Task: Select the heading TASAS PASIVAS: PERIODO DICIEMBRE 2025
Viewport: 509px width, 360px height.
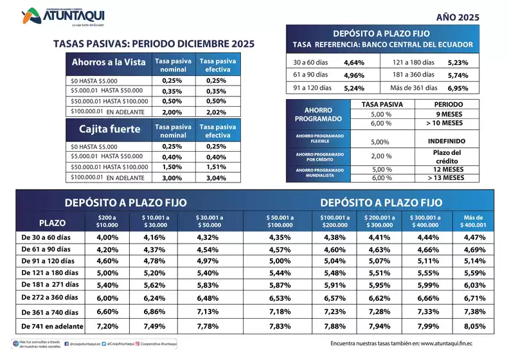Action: (x=154, y=44)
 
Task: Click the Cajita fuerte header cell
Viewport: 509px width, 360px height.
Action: (x=109, y=129)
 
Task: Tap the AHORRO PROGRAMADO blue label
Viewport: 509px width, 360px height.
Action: (x=318, y=114)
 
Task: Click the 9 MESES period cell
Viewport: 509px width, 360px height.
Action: (x=445, y=114)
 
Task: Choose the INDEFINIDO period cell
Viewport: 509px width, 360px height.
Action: (x=445, y=141)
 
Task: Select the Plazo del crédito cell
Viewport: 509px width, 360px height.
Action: (x=445, y=156)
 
